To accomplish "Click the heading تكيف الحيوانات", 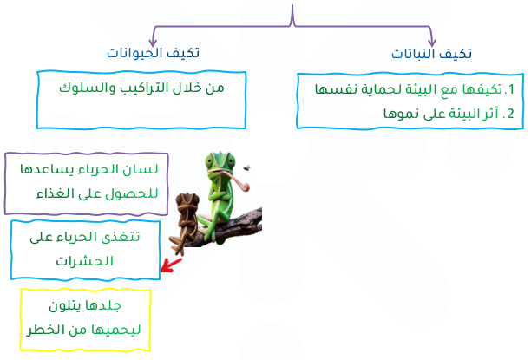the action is (x=153, y=53).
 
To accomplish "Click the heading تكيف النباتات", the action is (x=431, y=54).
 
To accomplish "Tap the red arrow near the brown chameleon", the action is (x=171, y=265).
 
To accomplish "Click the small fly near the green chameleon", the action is (x=247, y=167).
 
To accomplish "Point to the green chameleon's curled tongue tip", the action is (x=246, y=186).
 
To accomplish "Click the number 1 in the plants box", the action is (x=511, y=89).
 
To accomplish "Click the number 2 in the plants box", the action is (x=510, y=114).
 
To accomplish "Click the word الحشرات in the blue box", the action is (x=84, y=261).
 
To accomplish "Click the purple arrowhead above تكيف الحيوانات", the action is (x=153, y=43).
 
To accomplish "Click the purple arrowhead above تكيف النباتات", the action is (x=431, y=43).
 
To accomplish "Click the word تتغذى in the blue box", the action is (x=122, y=237).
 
